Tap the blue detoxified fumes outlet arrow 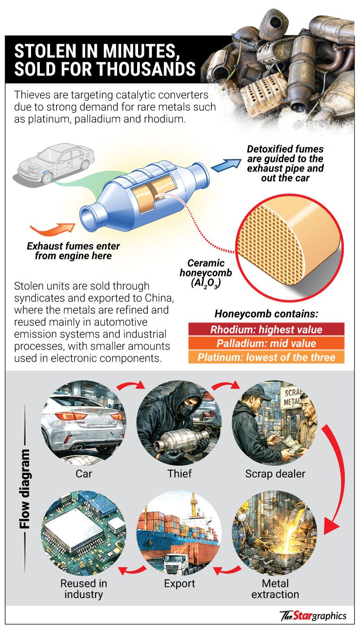226,165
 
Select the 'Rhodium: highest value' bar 266,330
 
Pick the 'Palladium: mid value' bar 266,343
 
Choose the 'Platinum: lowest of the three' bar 266,357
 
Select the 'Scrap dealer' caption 275,474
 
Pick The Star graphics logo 313,616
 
